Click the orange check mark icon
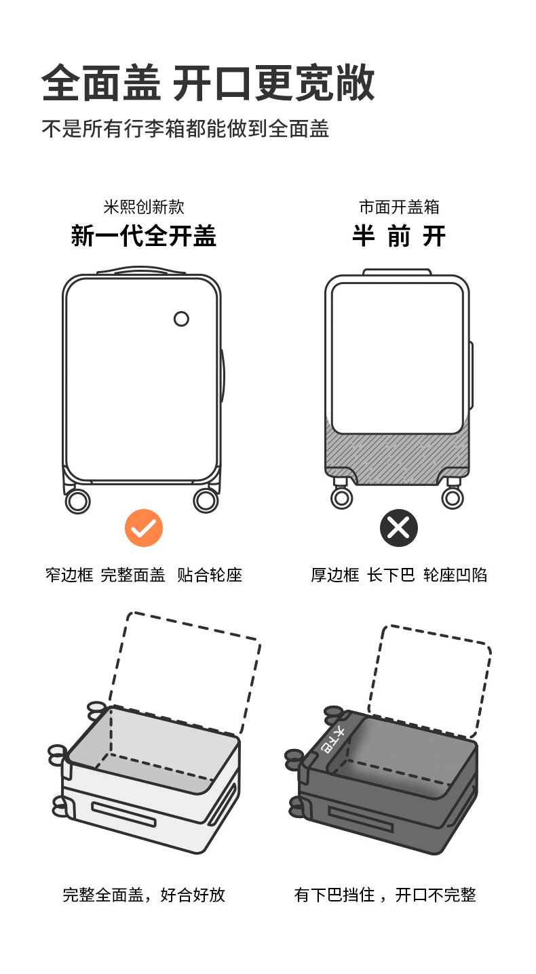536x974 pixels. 144,528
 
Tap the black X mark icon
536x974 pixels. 398,528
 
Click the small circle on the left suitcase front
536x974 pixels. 181,319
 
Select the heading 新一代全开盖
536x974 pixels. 144,236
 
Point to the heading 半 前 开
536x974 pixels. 399,236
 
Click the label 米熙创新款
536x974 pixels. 144,207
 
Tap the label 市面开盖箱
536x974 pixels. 399,207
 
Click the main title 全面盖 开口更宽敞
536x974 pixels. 208,84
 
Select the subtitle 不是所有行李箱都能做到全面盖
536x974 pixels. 185,129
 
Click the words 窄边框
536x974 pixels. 69,575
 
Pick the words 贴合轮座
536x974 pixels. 210,575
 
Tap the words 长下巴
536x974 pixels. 391,575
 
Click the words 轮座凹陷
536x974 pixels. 455,575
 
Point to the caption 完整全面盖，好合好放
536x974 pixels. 144,895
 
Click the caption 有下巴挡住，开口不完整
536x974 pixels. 385,895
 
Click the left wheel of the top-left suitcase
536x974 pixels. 77,501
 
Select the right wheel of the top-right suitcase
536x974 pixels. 453,498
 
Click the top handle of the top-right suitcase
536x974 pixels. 397,272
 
